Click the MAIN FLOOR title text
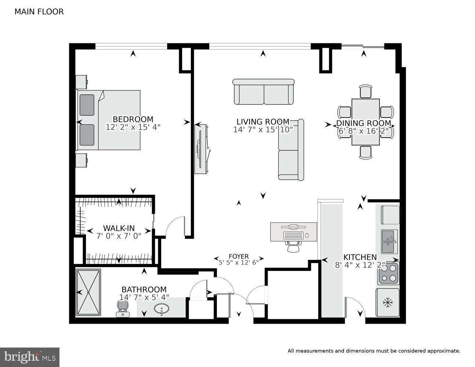point(39,12)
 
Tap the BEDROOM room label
point(133,119)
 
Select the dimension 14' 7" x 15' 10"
point(263,130)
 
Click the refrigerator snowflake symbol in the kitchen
point(387,303)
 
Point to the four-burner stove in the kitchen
point(388,273)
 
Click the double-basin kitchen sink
point(389,241)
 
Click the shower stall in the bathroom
point(88,292)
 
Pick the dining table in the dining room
point(365,122)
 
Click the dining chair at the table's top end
point(366,91)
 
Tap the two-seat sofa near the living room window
point(264,92)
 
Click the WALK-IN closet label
point(119,228)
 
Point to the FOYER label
point(239,256)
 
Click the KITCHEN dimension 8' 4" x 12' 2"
point(360,265)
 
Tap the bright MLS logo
point(30,357)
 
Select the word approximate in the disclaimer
point(443,351)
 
